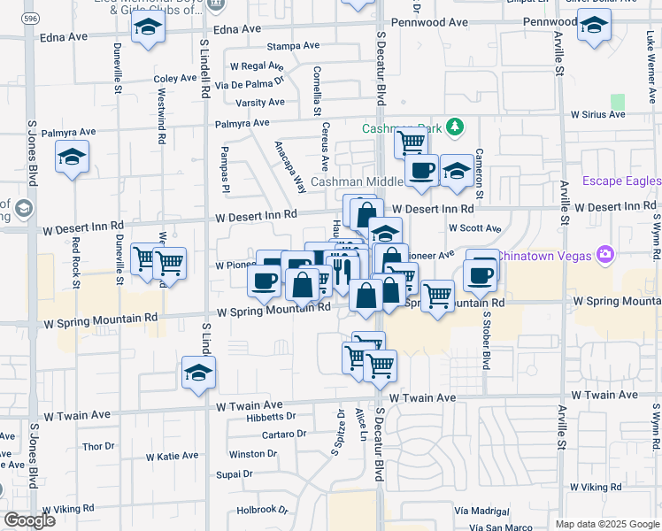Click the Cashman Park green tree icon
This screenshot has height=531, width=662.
(x=456, y=127)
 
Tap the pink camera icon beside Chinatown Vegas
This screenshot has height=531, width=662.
(x=605, y=255)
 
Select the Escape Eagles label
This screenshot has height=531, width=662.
(x=621, y=181)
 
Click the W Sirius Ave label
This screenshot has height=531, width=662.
(x=598, y=114)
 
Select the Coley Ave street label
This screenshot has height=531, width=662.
(x=175, y=78)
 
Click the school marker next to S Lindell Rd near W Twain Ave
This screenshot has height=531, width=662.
(x=199, y=373)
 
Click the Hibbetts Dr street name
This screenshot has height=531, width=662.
(x=252, y=417)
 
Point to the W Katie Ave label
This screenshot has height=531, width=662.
(x=173, y=457)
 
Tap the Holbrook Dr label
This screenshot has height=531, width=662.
(x=263, y=510)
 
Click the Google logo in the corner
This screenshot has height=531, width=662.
(x=29, y=519)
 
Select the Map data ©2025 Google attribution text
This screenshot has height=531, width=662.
(x=607, y=524)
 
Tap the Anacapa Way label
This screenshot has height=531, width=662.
(x=289, y=167)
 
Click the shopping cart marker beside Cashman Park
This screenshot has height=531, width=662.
(x=411, y=141)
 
